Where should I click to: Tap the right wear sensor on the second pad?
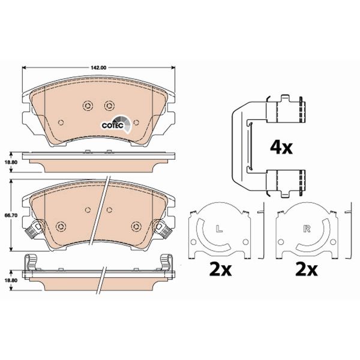click(x=163, y=228)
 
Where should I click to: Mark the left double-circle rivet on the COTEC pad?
click(x=86, y=105)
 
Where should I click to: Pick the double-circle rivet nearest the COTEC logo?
click(x=109, y=105)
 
